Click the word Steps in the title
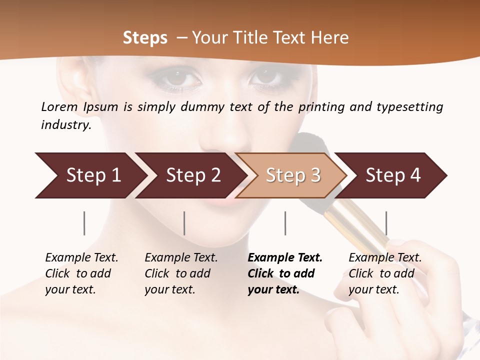pyautogui.click(x=145, y=38)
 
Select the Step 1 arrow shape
pyautogui.click(x=90, y=175)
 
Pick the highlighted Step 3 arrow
pyautogui.click(x=292, y=175)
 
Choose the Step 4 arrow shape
pyautogui.click(x=393, y=175)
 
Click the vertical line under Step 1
pyautogui.click(x=84, y=223)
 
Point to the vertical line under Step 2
pyautogui.click(x=184, y=223)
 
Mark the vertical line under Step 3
pyautogui.click(x=285, y=223)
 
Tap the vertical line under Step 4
pyautogui.click(x=386, y=223)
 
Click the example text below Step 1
pyautogui.click(x=81, y=273)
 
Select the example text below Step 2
pyautogui.click(x=181, y=273)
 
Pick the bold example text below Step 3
pyautogui.click(x=285, y=273)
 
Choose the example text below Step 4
pyautogui.click(x=385, y=273)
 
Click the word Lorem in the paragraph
pyautogui.click(x=59, y=106)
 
